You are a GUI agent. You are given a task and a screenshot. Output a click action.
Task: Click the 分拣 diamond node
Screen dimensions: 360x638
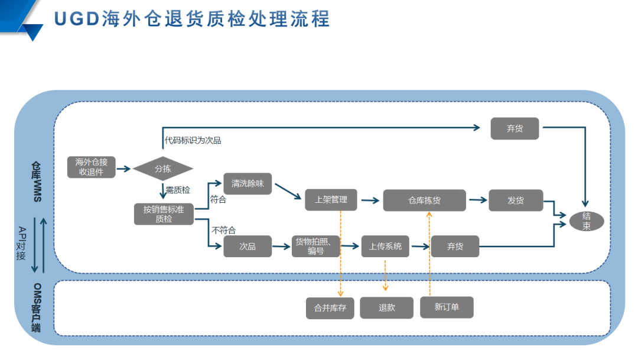[162, 168]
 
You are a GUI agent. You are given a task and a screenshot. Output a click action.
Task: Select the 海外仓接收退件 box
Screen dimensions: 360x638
[91, 167]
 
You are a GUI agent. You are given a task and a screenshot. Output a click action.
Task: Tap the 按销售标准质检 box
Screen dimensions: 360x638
[164, 214]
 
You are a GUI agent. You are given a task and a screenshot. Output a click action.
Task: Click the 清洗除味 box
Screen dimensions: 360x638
[248, 184]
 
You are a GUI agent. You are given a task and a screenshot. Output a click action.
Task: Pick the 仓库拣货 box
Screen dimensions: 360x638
[424, 200]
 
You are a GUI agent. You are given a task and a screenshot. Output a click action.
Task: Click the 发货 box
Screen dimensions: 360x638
[516, 200]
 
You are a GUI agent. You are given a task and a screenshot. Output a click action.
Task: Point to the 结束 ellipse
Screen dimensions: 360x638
[586, 221]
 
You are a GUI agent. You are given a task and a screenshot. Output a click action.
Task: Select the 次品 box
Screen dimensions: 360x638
[248, 247]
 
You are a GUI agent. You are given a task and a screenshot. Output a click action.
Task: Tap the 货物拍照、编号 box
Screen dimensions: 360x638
[316, 246]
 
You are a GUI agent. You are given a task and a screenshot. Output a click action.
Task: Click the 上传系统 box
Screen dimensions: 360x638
[385, 246]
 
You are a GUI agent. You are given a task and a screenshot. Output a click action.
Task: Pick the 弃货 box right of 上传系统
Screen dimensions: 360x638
[455, 247]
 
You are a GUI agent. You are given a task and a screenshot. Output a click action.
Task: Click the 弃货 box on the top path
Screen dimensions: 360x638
[515, 128]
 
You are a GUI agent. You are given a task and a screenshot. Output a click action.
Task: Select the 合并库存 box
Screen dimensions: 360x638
[330, 308]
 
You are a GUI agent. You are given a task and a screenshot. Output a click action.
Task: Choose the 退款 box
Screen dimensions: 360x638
[387, 307]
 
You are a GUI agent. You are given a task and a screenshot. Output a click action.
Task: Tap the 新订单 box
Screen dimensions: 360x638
[447, 307]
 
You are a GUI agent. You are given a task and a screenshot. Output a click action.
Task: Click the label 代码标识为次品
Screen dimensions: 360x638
[193, 141]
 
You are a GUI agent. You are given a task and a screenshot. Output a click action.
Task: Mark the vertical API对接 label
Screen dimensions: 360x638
[22, 243]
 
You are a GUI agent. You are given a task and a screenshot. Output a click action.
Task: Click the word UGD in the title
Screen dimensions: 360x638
[76, 19]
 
